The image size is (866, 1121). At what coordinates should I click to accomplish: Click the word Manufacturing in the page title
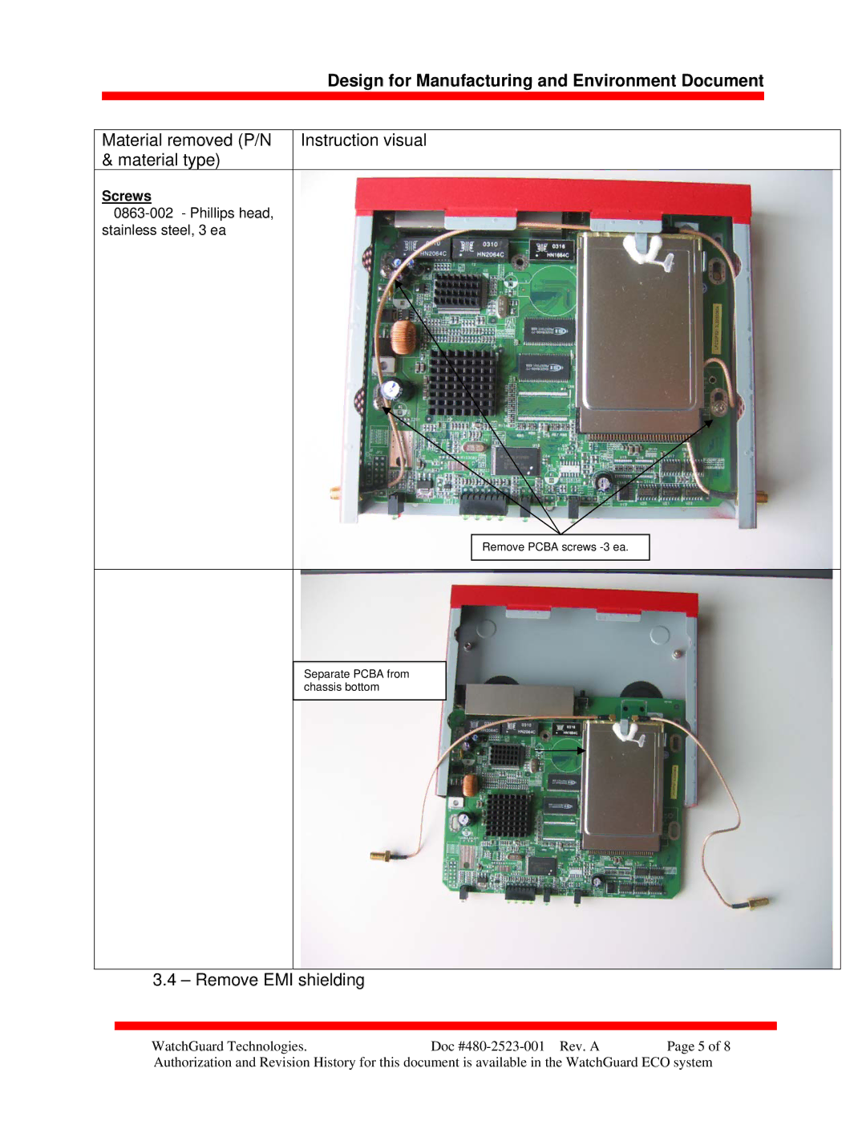coord(474,80)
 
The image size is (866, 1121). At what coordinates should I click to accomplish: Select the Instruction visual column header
coord(363,140)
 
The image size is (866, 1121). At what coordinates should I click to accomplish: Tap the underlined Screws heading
coord(127,196)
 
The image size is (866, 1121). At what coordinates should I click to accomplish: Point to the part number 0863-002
coord(144,213)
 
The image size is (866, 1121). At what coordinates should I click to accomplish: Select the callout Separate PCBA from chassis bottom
coord(369,680)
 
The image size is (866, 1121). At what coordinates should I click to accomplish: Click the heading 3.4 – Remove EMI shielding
coord(258,980)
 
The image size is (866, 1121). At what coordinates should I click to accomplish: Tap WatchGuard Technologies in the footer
coord(229,1046)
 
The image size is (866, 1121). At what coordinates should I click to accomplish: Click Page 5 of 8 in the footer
coord(698,1046)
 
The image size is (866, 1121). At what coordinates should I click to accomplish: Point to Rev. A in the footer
coord(580,1046)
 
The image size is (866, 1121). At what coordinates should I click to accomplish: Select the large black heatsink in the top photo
coord(463,383)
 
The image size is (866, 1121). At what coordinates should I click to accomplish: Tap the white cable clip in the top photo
coord(649,254)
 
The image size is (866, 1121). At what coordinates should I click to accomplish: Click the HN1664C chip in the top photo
coord(552,250)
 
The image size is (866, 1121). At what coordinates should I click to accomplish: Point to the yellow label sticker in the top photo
coord(717,329)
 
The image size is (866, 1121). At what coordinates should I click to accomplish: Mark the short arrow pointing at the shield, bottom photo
coord(560,750)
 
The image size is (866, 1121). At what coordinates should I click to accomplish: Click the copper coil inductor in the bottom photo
coord(471,785)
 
